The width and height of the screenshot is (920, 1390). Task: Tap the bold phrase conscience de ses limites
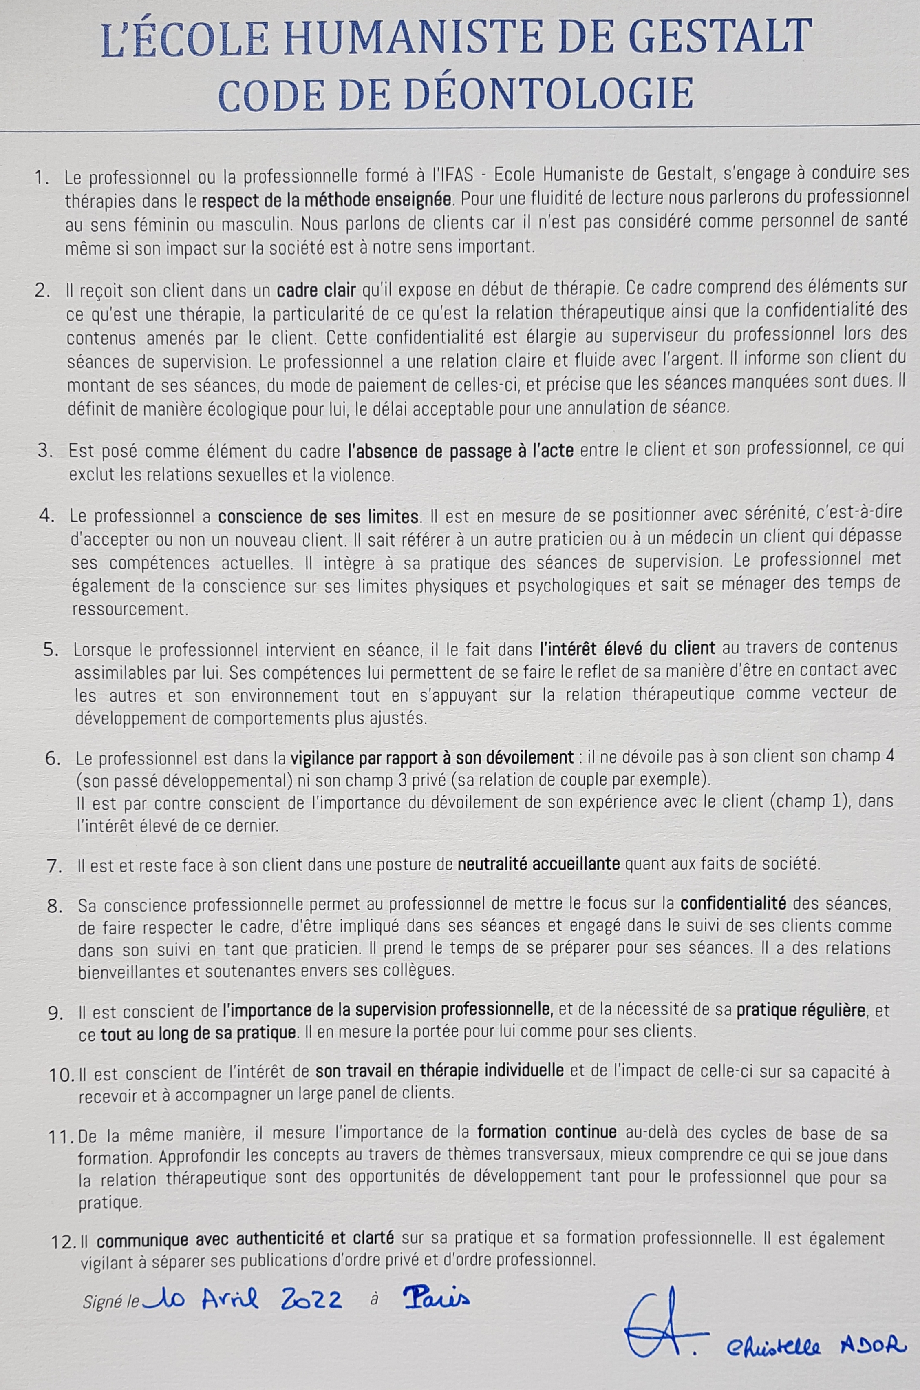[318, 516]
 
